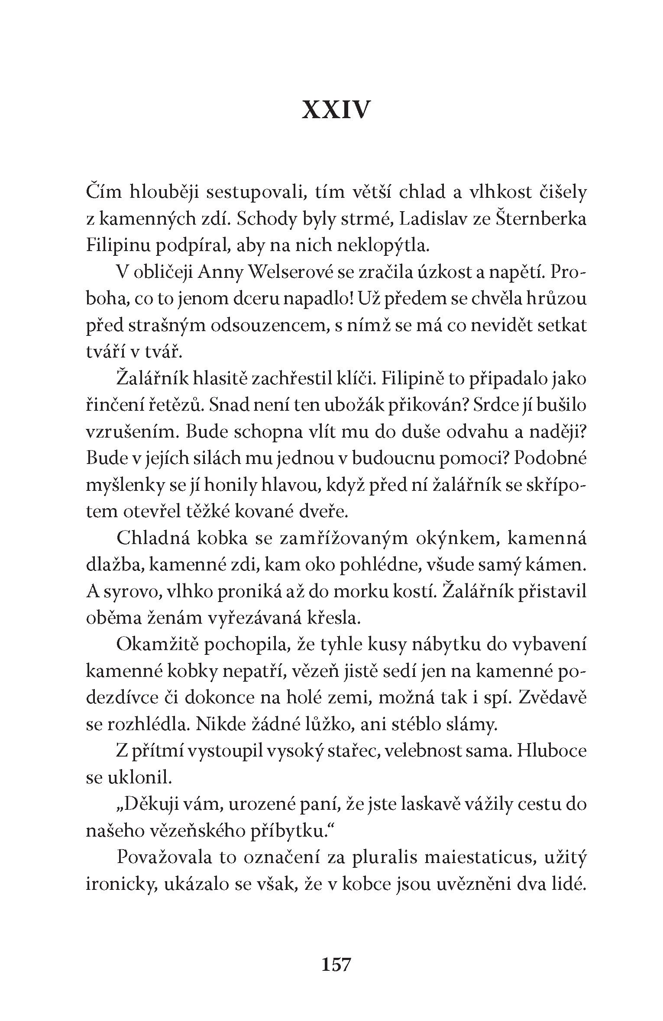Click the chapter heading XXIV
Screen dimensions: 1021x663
click(336, 110)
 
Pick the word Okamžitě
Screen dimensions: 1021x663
click(156, 645)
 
